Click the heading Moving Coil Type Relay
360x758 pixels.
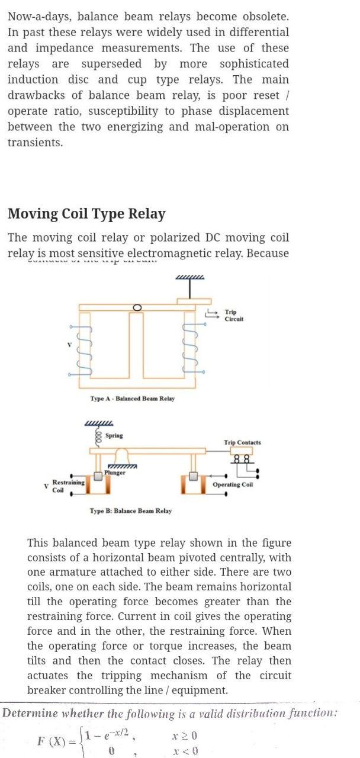pyautogui.click(x=86, y=214)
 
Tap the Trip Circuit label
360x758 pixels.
pyautogui.click(x=234, y=316)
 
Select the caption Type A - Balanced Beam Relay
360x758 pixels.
pyautogui.click(x=133, y=399)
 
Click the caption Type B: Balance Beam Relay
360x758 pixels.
pyautogui.click(x=130, y=510)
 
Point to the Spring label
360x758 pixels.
pyautogui.click(x=114, y=435)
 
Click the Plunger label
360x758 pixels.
pyautogui.click(x=115, y=473)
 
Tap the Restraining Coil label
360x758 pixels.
pyautogui.click(x=68, y=486)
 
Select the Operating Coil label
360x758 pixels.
pyautogui.click(x=233, y=484)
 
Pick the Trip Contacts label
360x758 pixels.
pyautogui.click(x=242, y=442)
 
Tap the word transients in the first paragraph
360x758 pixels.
pyautogui.click(x=34, y=143)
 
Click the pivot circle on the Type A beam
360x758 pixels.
pyautogui.click(x=137, y=307)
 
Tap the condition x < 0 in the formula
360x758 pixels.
pyautogui.click(x=185, y=751)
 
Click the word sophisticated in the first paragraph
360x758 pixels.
pyautogui.click(x=254, y=64)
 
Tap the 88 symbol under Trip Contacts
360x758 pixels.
pyautogui.click(x=241, y=458)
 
